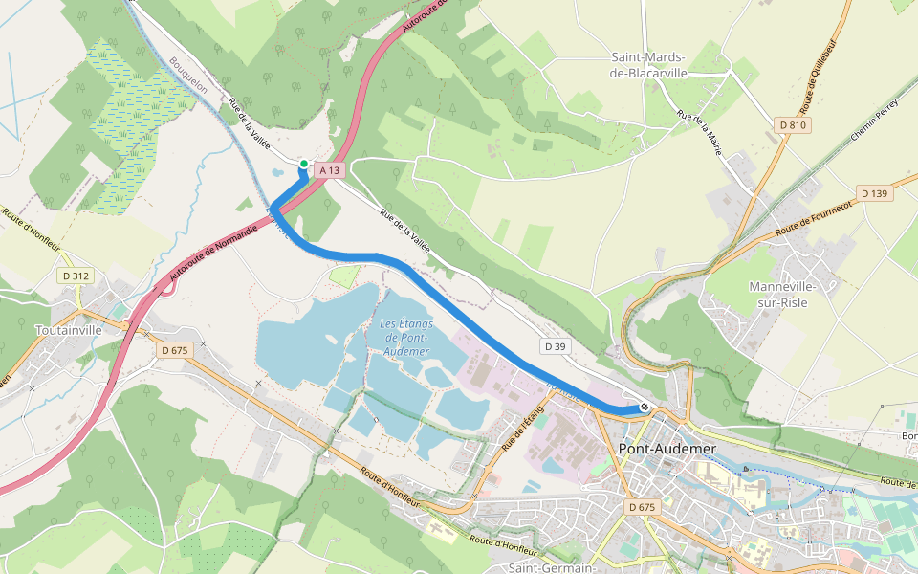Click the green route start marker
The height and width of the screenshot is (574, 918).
[x=304, y=164]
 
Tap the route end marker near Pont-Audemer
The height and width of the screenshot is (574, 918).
[x=645, y=407]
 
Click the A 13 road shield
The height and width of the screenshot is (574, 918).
[x=329, y=170]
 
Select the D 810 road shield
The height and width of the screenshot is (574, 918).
[x=792, y=125]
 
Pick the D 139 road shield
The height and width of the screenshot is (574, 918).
[x=874, y=193]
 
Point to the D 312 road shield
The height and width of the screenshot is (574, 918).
[x=76, y=276]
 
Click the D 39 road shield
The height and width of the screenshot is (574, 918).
[x=554, y=344]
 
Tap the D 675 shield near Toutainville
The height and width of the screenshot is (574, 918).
[x=175, y=350]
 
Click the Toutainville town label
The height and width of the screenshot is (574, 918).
[x=68, y=330]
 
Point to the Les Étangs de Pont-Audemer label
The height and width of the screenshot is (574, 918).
[x=406, y=338]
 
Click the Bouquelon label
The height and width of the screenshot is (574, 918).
[x=188, y=74]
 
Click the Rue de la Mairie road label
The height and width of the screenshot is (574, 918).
[x=699, y=131]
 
